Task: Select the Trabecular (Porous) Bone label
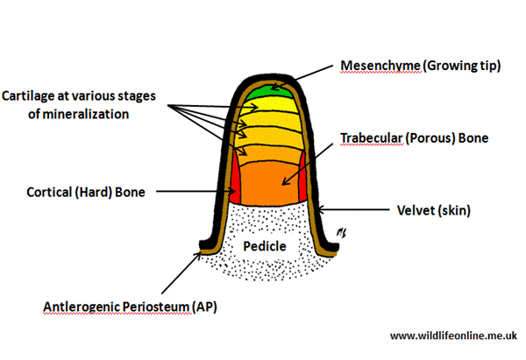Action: [x=413, y=138]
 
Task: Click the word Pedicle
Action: [x=265, y=246]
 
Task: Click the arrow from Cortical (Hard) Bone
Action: [x=188, y=190]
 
